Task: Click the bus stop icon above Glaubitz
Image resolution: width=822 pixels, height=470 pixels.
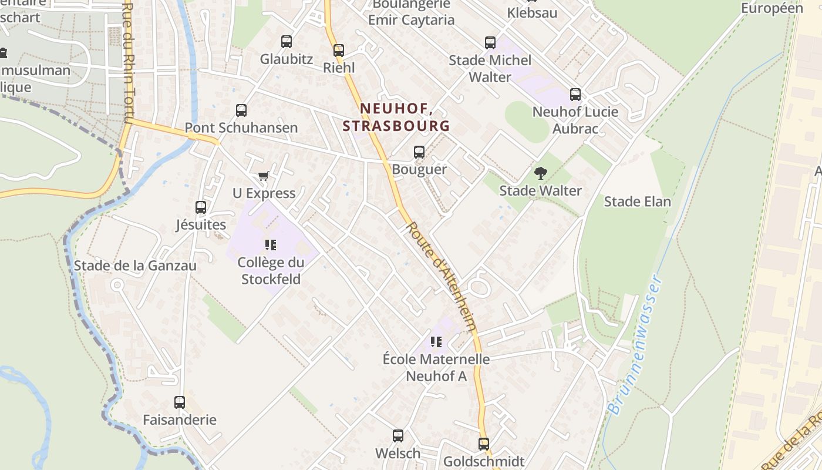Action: coord(287,42)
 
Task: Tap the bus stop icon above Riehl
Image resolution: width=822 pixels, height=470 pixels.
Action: coord(339,51)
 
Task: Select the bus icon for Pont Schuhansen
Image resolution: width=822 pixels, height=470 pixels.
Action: coord(241,110)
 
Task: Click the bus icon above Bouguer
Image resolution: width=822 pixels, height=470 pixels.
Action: coord(419,152)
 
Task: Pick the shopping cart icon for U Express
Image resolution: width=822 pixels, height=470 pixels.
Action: coord(264,176)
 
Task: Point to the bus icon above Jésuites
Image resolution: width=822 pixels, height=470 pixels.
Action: coord(201,207)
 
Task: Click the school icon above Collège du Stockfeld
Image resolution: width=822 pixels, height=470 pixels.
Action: coord(271,244)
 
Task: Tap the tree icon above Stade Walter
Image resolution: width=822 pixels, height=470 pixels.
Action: coord(540,173)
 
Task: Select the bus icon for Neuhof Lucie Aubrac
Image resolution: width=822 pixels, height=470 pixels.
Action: coord(575,95)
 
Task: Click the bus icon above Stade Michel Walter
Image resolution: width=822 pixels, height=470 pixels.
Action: coord(490,43)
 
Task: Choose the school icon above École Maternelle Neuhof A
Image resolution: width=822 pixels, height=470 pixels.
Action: coord(436,341)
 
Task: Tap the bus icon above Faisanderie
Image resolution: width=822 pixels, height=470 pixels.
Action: coord(180,402)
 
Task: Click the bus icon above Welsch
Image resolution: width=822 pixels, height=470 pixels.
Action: coord(398,436)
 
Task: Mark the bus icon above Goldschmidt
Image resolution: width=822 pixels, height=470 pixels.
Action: coord(484,444)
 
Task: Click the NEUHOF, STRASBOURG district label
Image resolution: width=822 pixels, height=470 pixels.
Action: coord(396,117)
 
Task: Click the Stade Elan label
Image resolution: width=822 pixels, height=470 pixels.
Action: coord(637,202)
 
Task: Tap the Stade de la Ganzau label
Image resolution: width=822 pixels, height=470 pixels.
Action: coord(135,266)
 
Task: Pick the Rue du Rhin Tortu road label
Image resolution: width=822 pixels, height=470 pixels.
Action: coord(129,65)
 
